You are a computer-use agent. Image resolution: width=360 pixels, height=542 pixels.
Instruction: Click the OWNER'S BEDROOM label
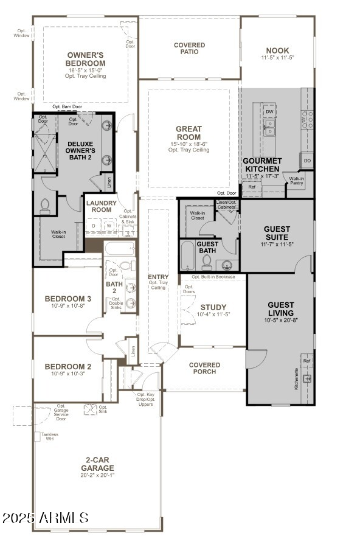tap(86, 59)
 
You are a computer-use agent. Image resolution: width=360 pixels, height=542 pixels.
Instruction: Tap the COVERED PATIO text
tap(189, 49)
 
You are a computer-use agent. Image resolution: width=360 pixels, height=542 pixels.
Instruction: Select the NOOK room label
tap(277, 50)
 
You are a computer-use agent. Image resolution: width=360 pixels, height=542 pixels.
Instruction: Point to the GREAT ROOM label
tap(189, 133)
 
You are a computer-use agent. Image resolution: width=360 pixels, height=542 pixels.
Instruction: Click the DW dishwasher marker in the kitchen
tap(269, 112)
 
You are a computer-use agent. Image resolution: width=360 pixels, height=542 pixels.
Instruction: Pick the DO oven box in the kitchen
tap(307, 161)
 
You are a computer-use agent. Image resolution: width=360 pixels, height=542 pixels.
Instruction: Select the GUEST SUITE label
tap(277, 234)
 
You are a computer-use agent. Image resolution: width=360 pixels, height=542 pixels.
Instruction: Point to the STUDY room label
tap(213, 307)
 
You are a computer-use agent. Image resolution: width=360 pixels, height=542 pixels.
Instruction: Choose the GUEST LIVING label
tap(280, 309)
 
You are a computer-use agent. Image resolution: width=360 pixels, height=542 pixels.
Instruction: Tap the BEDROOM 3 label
tap(68, 299)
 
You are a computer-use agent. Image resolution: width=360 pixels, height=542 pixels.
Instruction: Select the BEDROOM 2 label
tap(68, 367)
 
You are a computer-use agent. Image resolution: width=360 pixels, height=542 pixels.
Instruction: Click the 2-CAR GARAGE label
tap(97, 464)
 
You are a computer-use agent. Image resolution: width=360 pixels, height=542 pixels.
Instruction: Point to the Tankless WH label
tap(50, 437)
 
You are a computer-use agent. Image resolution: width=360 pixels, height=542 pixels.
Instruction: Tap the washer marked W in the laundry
tap(109, 226)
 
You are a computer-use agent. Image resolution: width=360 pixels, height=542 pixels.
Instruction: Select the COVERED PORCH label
tap(204, 368)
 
